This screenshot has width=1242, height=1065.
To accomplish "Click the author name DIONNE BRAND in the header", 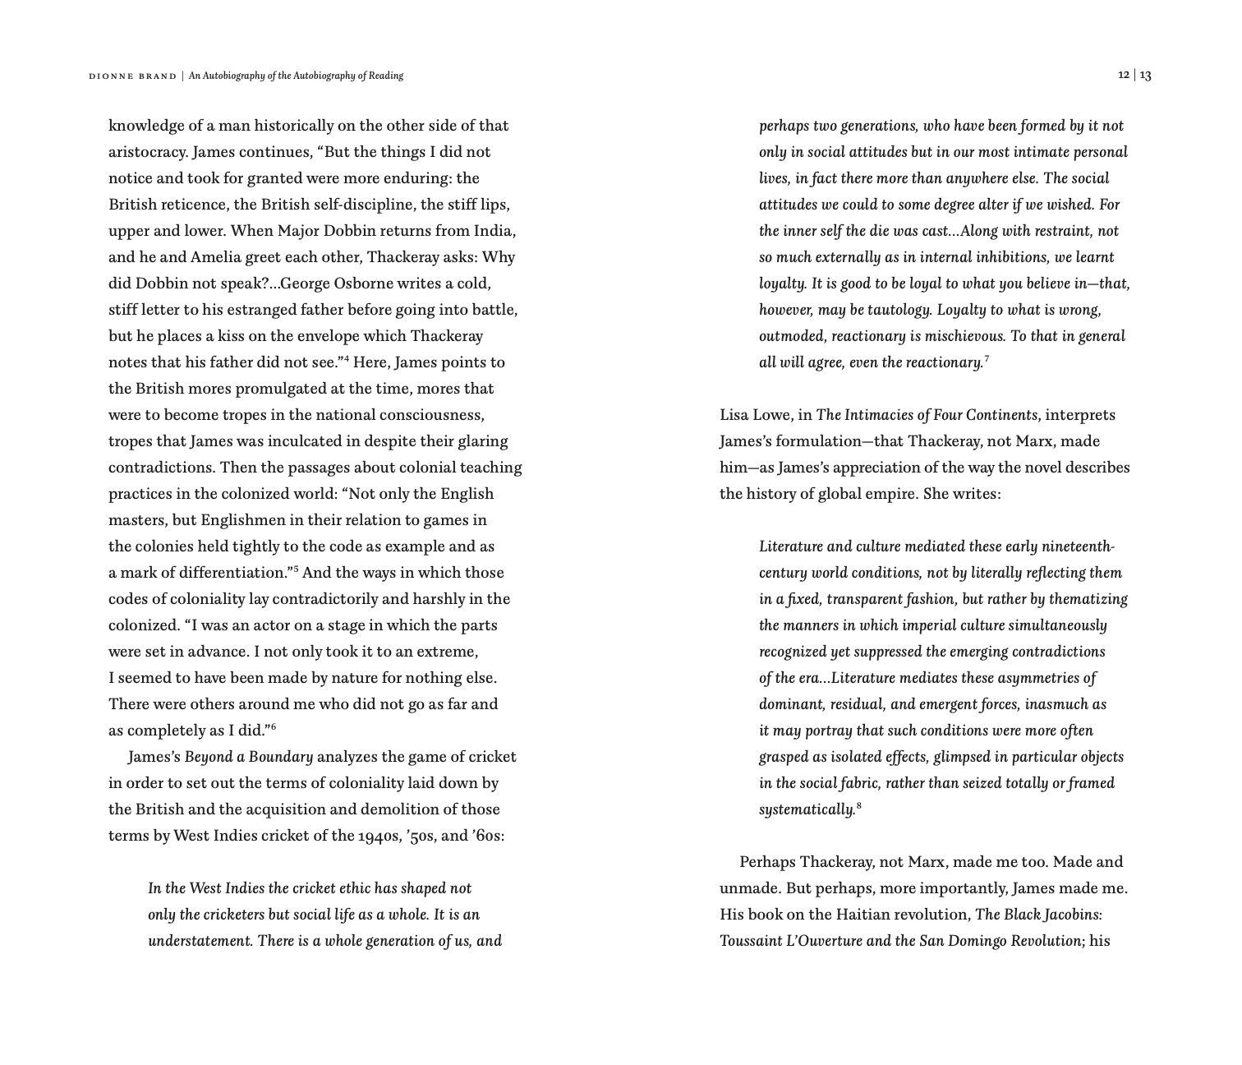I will click(132, 76).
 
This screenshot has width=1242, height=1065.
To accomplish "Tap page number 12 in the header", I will click(1123, 76).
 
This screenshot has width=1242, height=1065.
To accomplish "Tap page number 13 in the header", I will click(1145, 76).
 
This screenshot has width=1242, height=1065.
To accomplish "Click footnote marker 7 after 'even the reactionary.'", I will click(987, 358).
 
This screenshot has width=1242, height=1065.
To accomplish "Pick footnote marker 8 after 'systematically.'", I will click(858, 805).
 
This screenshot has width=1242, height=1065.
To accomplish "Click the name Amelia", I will click(216, 257).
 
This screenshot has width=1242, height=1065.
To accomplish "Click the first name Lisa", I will click(735, 415).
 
